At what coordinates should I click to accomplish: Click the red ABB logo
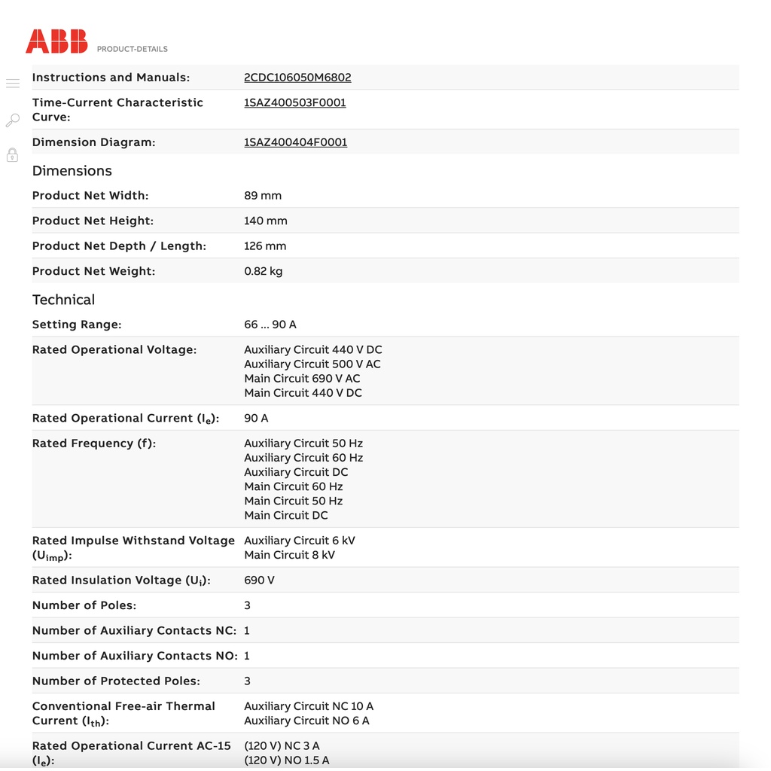56,41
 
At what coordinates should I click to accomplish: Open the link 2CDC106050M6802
297,78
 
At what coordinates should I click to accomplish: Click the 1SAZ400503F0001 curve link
295,102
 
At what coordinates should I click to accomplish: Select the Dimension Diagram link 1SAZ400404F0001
295,142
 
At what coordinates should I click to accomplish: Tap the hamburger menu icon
13,84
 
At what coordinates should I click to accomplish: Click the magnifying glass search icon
13,120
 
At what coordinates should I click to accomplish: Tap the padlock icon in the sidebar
13,155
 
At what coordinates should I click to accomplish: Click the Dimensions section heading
72,171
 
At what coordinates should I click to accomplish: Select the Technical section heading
63,300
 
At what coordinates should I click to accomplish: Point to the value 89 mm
263,196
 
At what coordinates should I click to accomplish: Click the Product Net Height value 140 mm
266,221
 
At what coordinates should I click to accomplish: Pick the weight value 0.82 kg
264,271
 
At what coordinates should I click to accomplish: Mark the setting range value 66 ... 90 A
270,325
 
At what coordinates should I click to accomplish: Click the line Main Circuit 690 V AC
302,379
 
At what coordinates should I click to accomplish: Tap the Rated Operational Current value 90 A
256,418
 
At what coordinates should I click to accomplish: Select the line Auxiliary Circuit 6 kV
300,541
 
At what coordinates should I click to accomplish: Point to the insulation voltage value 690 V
259,581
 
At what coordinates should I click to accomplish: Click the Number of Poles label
84,605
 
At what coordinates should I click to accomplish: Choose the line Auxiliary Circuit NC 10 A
309,706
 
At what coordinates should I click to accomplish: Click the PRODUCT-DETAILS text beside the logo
133,49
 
